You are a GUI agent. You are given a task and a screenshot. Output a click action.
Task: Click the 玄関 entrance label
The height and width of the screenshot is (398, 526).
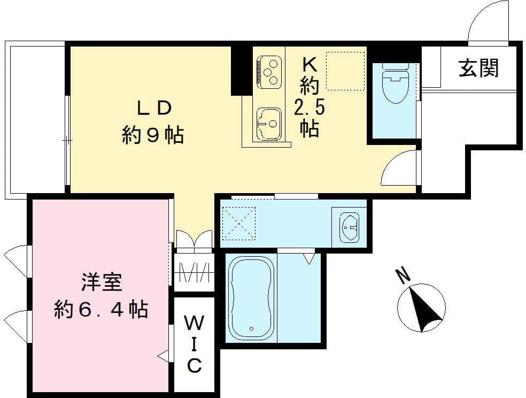pos(478,68)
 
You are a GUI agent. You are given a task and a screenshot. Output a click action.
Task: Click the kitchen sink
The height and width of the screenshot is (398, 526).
pos(269,124)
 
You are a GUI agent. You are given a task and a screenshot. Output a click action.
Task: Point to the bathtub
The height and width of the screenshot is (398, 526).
pos(250,297)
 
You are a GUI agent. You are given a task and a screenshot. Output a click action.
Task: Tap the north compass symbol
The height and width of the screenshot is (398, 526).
pos(422,308)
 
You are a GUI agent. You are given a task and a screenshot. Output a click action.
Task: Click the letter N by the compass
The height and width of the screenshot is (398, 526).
pos(403,275)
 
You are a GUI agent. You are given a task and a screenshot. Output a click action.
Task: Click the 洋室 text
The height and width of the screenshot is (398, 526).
pos(101,283)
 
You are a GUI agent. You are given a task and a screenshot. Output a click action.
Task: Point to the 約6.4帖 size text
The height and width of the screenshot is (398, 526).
pos(101,309)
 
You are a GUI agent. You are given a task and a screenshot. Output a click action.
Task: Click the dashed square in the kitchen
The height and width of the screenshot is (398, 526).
pos(345,71)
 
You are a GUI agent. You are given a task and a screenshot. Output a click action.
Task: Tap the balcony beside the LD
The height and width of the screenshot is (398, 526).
pos(35,119)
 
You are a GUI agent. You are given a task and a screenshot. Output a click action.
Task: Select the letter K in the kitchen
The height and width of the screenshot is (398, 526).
pos(309,64)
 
